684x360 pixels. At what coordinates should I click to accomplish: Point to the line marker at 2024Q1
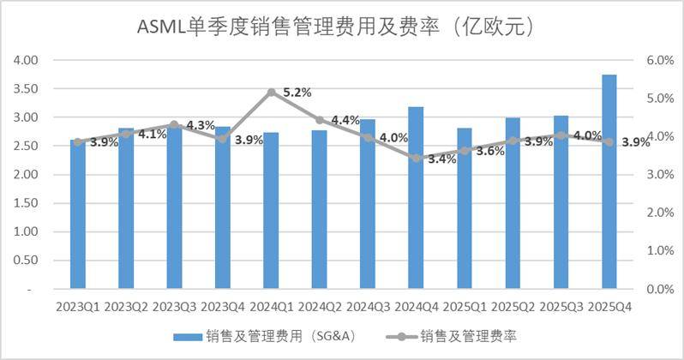pyautogui.click(x=271, y=92)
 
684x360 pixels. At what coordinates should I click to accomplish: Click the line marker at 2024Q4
pyautogui.click(x=416, y=159)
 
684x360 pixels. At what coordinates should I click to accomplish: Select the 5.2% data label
pyautogui.click(x=297, y=93)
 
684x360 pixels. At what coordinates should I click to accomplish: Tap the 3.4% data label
pyautogui.click(x=441, y=159)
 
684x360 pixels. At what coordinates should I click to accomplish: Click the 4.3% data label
pyautogui.click(x=200, y=125)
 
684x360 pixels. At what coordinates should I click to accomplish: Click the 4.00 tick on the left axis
pyautogui.click(x=28, y=61)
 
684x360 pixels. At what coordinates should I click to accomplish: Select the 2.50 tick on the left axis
pyautogui.click(x=28, y=147)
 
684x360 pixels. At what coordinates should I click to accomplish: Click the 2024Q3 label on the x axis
pyautogui.click(x=368, y=306)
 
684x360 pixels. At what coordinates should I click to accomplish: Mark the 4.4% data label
pyautogui.click(x=345, y=120)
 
